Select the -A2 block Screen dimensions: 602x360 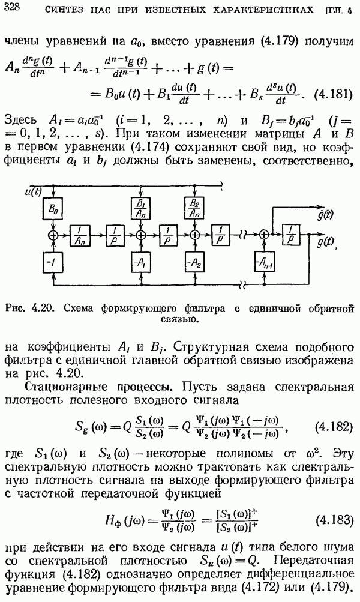pos(194,262)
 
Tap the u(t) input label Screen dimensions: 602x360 pos(34,192)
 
